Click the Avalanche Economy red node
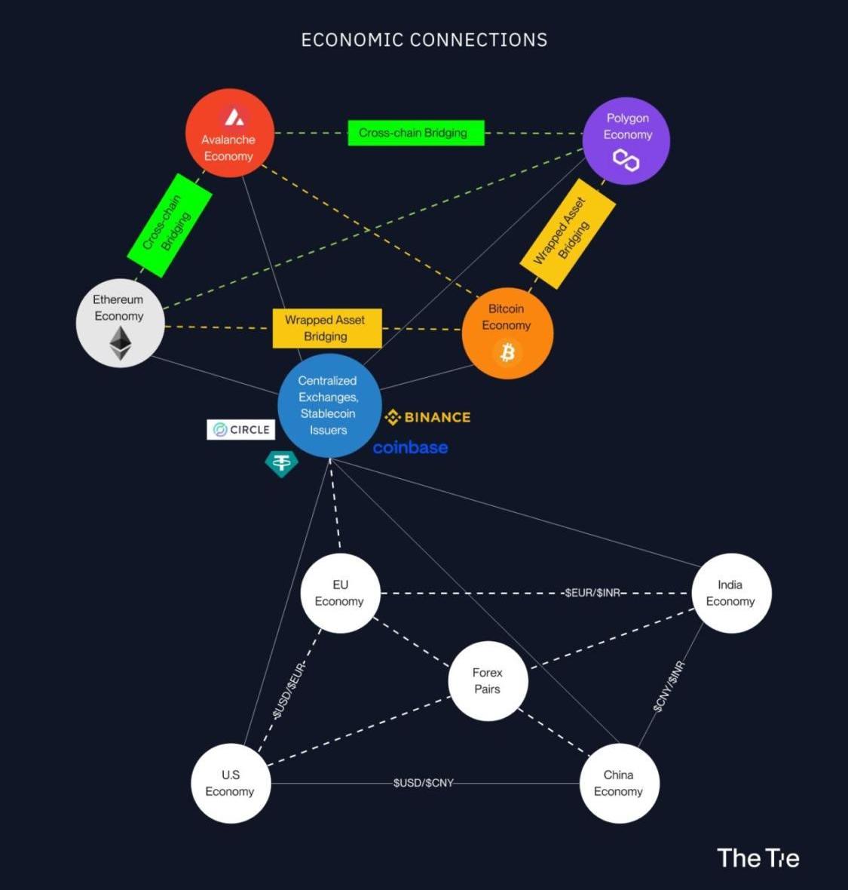tap(229, 133)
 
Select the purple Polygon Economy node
tap(626, 140)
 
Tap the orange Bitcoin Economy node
tap(507, 333)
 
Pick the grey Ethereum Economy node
tap(120, 324)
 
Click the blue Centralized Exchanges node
tap(329, 406)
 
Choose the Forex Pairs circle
tap(488, 681)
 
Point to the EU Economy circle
tap(340, 593)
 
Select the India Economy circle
tap(730, 593)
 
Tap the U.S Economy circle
tap(230, 784)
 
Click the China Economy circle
tap(619, 784)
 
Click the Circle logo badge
tap(241, 429)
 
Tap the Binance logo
tap(427, 417)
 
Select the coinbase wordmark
tap(410, 448)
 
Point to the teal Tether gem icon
tap(281, 463)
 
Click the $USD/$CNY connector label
tap(424, 783)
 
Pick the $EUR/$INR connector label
tap(592, 593)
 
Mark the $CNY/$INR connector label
tap(669, 686)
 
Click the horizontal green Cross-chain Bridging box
tap(415, 133)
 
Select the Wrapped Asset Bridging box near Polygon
tap(568, 233)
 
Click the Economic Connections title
tap(424, 40)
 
